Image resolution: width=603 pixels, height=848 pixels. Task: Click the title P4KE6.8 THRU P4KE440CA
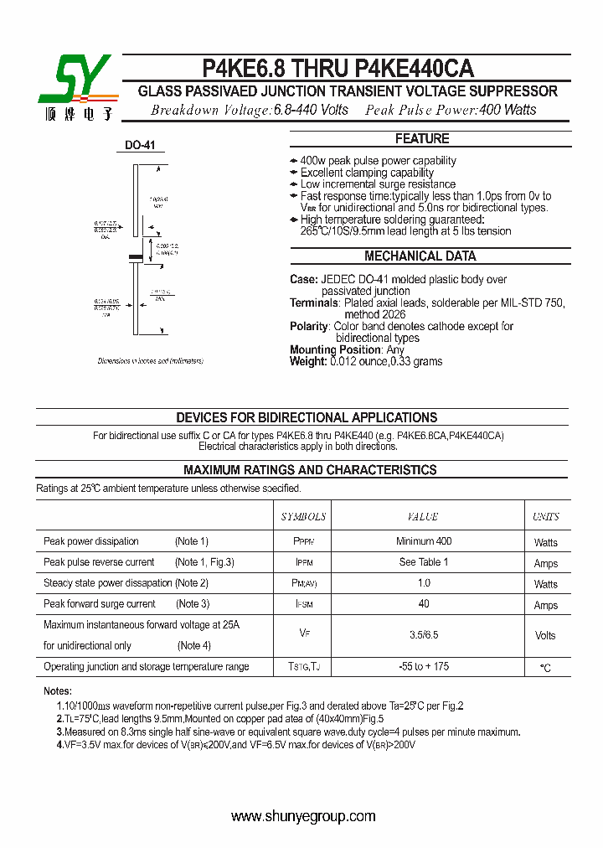(338, 69)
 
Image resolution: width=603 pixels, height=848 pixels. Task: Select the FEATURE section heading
(422, 139)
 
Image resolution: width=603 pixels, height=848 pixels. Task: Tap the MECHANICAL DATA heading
(420, 256)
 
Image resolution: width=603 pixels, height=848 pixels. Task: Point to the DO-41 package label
(140, 146)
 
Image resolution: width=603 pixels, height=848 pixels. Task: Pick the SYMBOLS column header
(303, 517)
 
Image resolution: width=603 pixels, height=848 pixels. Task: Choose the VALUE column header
(423, 517)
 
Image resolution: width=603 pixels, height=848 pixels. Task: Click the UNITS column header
(545, 517)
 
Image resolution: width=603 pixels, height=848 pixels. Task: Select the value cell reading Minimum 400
(423, 541)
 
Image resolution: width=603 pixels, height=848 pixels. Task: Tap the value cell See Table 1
(423, 562)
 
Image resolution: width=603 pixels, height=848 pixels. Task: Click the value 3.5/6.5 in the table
(423, 635)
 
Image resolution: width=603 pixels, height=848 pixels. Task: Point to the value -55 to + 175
(423, 666)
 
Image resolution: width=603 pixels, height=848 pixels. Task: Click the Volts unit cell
(545, 635)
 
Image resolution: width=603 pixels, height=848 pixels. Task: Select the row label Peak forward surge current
(100, 604)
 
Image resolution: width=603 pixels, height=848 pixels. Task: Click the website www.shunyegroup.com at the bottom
(302, 816)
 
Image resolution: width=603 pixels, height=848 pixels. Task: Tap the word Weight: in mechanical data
(308, 362)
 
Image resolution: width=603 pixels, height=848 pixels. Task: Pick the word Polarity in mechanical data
(309, 327)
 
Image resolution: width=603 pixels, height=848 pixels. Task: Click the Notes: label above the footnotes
(58, 691)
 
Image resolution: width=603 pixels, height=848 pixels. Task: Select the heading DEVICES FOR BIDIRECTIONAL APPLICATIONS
(306, 417)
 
